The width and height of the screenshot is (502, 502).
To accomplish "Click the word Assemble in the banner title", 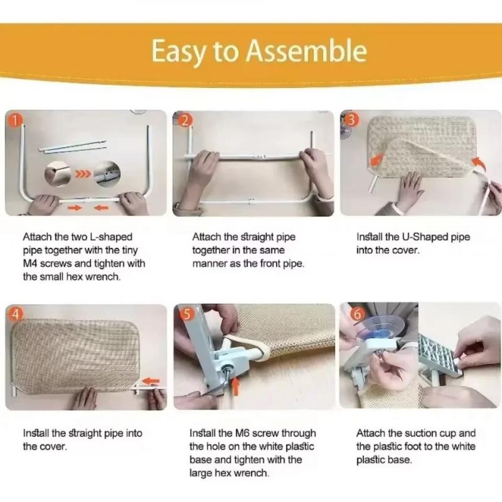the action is pyautogui.click(x=306, y=51).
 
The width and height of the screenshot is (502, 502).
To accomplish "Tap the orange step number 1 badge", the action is pyautogui.click(x=14, y=120).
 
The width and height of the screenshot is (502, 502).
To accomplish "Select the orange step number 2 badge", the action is pyautogui.click(x=185, y=120).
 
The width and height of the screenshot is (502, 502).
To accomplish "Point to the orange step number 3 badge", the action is pyautogui.click(x=351, y=120).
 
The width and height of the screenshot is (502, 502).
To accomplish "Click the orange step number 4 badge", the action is pyautogui.click(x=15, y=315).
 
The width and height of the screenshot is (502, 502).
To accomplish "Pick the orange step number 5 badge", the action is pyautogui.click(x=187, y=314).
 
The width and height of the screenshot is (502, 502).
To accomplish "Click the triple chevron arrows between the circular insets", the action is pyautogui.click(x=83, y=174).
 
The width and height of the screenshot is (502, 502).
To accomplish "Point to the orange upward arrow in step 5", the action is pyautogui.click(x=236, y=386).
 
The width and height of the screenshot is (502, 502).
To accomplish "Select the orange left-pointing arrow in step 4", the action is pyautogui.click(x=151, y=381).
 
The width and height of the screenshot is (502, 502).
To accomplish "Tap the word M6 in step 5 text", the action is pyautogui.click(x=242, y=433).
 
